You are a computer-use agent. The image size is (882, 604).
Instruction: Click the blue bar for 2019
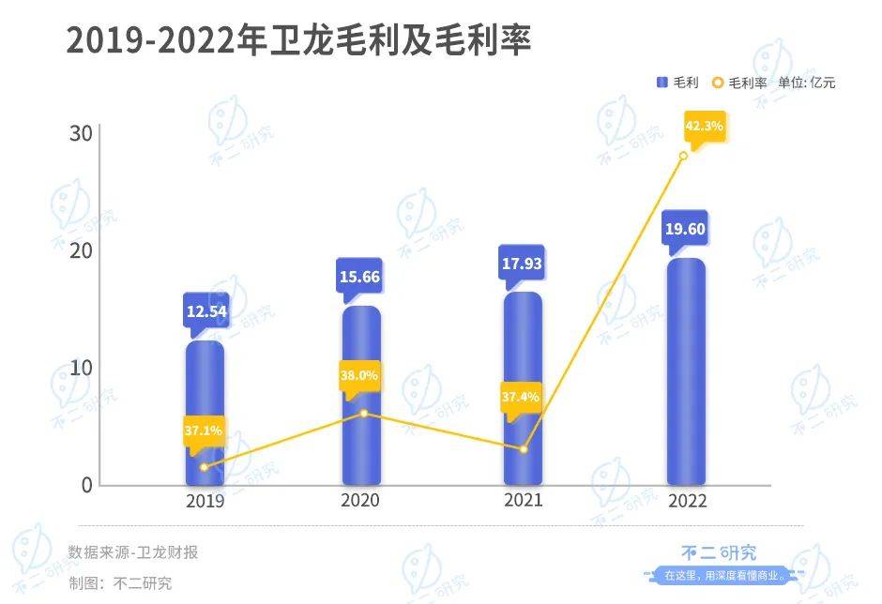coord(205,413)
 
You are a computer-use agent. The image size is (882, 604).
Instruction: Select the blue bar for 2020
coord(361,394)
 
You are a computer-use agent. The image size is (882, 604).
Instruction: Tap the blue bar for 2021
coord(524,388)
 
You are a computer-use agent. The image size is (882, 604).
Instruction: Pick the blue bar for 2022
coord(685,371)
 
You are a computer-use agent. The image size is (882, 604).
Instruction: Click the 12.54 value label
coord(205,307)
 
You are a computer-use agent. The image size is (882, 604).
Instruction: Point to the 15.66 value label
coord(361,277)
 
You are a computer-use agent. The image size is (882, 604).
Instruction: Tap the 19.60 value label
coord(685,228)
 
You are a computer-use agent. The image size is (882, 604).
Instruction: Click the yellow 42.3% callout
coord(705,126)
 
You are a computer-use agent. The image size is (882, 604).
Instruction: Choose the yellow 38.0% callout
coord(359,375)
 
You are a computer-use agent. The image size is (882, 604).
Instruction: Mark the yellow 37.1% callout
coord(204,430)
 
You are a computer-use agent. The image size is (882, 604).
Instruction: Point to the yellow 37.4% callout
coord(521,397)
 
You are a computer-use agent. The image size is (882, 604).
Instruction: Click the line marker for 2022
coord(683,156)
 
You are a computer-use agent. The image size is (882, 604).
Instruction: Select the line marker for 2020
coord(362,414)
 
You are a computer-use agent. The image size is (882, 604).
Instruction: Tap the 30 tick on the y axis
coord(81,133)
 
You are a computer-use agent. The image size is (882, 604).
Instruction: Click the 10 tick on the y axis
coord(81,368)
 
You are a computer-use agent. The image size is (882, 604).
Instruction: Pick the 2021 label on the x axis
coord(524,500)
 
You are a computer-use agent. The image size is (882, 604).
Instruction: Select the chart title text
coord(298,41)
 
